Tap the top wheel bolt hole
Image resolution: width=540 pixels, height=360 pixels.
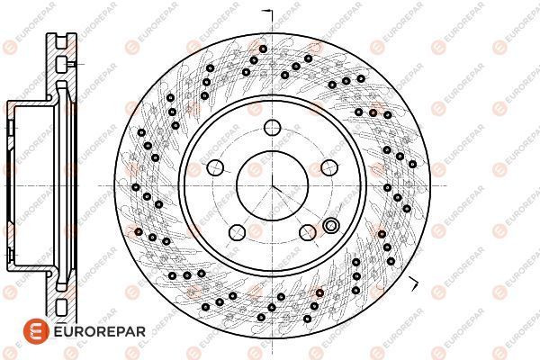coord(273,128)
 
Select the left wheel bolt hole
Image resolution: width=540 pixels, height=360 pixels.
coord(215,167)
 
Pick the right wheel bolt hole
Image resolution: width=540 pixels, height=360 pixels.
coord(329,167)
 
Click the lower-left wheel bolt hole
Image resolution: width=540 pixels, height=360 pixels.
coord(237,232)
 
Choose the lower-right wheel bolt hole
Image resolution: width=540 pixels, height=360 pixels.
coord(308,232)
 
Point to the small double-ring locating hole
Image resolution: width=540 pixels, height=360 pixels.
coord(331,226)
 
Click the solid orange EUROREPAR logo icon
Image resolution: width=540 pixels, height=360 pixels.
coord(36,331)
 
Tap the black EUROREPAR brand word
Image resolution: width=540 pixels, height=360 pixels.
coord(100,332)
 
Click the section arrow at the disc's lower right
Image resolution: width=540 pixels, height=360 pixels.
coord(414,283)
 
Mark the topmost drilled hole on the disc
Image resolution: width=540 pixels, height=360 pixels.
coord(263,49)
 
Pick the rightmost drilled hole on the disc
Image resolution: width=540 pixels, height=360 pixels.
coord(412,164)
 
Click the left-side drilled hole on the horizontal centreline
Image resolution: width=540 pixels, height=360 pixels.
coord(136,187)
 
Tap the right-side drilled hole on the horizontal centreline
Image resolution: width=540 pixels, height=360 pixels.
coord(387,188)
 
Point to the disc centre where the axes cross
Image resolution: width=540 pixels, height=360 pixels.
coord(272,186)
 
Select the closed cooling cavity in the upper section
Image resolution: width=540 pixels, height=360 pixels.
coord(61,65)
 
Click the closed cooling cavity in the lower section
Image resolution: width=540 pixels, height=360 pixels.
coord(61,307)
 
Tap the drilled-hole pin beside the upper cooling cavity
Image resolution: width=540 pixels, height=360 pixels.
coord(72,64)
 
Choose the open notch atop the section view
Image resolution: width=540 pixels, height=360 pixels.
coord(61,40)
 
